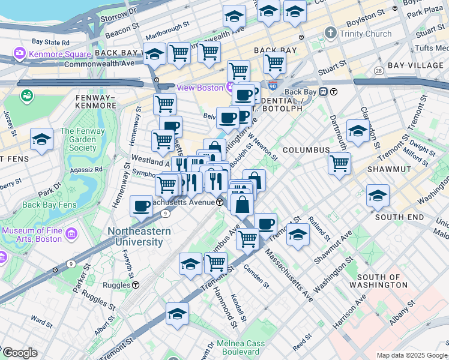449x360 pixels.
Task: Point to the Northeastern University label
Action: coord(135,236)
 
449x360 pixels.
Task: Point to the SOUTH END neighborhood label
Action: coord(399,217)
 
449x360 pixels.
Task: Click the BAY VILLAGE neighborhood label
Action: coord(414,64)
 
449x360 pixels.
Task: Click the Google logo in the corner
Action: coord(20,353)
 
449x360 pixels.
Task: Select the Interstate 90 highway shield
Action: coord(273,86)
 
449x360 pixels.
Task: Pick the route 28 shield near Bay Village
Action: coord(378,71)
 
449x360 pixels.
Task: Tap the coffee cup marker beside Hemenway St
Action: coord(142,206)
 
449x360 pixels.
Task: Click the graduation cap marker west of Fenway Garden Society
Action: coord(41,139)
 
